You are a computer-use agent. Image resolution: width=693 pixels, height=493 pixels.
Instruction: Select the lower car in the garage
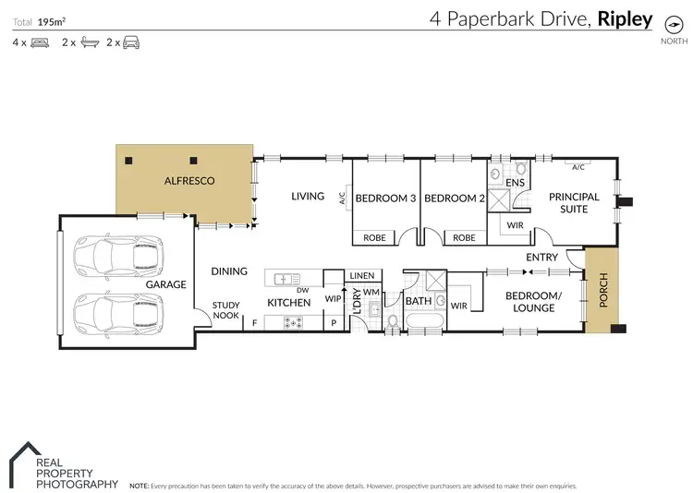coord(117,311)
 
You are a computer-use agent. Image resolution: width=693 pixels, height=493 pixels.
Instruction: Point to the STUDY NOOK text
coord(226,310)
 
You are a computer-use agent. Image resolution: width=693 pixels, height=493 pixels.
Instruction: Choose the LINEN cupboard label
coord(362,276)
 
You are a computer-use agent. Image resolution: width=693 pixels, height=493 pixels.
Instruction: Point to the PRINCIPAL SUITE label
coord(574,203)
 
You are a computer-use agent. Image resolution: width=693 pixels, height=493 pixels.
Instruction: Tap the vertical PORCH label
coord(602,291)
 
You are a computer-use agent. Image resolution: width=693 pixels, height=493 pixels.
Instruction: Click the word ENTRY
coord(542,257)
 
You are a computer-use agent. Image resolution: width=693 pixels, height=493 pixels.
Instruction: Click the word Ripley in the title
coord(626,18)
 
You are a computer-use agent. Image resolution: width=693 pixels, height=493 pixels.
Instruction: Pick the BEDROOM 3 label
coord(384,198)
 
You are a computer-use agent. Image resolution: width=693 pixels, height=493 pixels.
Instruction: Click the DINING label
coord(229,271)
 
